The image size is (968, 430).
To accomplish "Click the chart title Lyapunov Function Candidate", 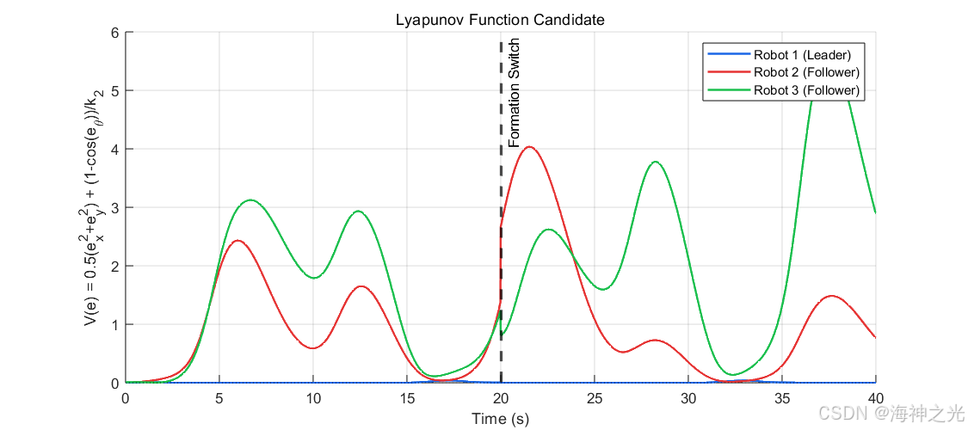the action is pos(499,20).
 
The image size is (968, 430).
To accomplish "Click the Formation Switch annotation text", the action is pos(515,93).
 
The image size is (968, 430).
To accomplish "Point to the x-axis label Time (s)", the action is pos(501,419).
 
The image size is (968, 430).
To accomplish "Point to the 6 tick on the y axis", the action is pos(114,32).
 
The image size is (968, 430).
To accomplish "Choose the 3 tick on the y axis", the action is pos(114,207).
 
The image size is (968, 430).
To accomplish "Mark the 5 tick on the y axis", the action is pos(114,90).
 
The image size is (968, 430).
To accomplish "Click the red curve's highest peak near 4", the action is pos(530,147).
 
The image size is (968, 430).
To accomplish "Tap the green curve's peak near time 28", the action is pos(655,162).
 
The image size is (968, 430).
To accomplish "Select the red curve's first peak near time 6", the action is pos(237,241).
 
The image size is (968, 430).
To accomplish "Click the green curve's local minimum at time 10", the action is pos(313,278).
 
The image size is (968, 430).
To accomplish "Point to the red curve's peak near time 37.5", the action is pos(831,296).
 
